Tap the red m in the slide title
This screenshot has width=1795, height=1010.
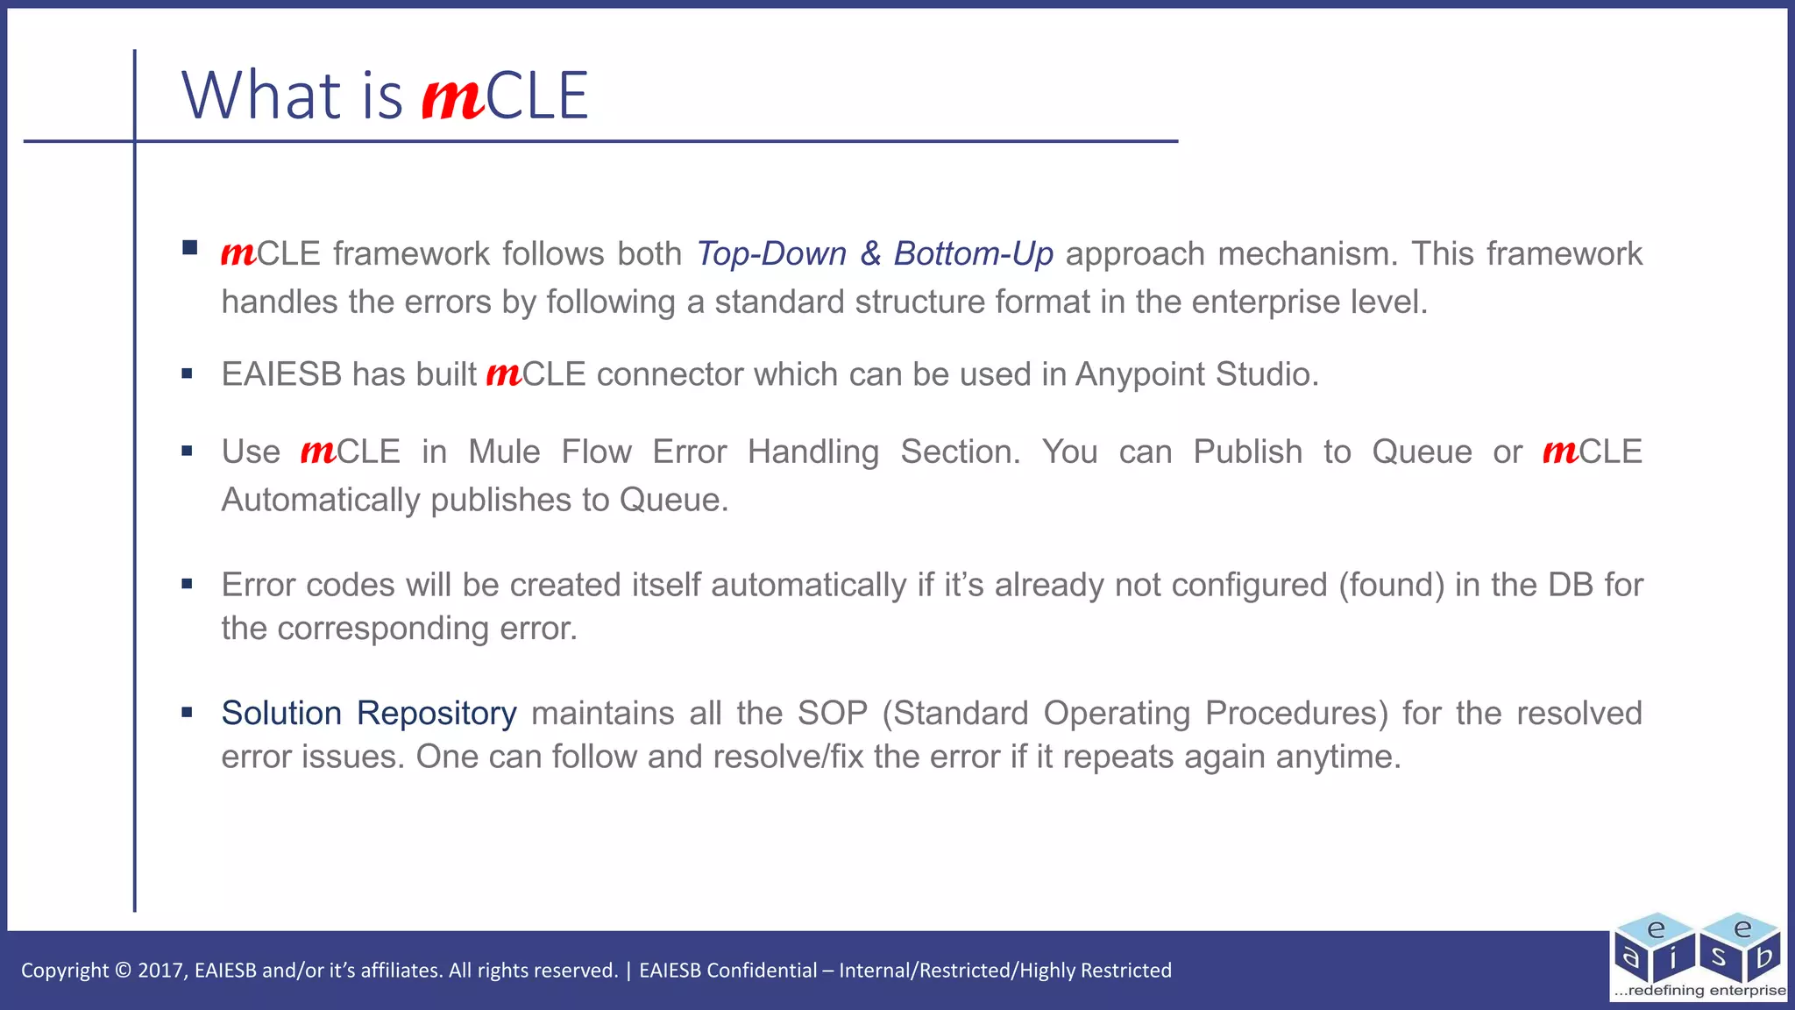point(452,98)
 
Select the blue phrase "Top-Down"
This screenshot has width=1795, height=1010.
point(771,253)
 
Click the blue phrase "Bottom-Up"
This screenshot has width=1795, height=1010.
point(973,253)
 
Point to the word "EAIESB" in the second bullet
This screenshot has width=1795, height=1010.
point(280,374)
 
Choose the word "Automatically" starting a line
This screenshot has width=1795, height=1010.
point(321,500)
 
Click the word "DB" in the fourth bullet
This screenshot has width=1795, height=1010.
point(1571,585)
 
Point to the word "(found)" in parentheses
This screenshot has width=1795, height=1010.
point(1391,585)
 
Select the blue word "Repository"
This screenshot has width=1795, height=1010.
point(436,714)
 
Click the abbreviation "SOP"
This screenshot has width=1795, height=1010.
point(832,714)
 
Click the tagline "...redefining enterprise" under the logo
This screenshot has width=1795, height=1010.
point(1699,991)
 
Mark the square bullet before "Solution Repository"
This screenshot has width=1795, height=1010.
point(187,713)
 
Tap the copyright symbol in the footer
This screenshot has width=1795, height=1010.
point(123,971)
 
